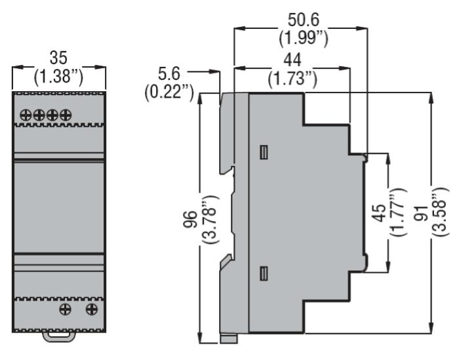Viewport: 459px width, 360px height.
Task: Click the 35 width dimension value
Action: [x=58, y=58]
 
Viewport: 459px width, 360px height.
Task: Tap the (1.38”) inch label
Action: [x=58, y=77]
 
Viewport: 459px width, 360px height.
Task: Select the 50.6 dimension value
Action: [x=303, y=20]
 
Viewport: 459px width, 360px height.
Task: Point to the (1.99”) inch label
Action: [x=303, y=38]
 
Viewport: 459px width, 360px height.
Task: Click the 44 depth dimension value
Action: [x=292, y=60]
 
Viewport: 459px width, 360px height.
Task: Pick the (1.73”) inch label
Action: [x=292, y=79]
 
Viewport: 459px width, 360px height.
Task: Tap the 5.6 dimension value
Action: [x=169, y=73]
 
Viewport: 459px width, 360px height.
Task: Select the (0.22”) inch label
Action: [x=169, y=92]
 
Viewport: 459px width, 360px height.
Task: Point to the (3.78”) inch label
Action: [x=210, y=219]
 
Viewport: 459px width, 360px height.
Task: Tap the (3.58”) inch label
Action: [x=440, y=212]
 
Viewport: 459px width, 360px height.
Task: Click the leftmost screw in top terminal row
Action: [x=26, y=115]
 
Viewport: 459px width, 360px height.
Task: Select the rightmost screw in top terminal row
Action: [x=66, y=115]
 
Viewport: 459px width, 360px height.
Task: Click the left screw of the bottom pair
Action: [x=65, y=310]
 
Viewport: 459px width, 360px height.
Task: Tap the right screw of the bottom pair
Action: [x=92, y=310]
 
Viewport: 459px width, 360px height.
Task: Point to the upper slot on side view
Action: [x=264, y=152]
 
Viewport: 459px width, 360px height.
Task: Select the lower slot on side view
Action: [x=264, y=273]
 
